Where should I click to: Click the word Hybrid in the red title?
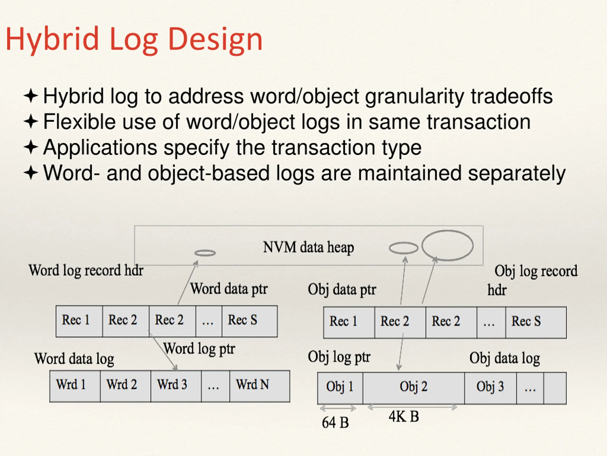point(52,39)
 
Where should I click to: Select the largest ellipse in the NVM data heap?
point(447,245)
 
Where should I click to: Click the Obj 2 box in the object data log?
point(414,388)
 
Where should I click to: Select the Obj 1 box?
point(340,388)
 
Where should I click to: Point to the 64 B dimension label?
point(335,423)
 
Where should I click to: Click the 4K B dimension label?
point(404,416)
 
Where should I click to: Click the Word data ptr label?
point(229,289)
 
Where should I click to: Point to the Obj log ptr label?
point(339,357)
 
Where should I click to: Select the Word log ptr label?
point(199,348)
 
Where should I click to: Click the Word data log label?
point(74,359)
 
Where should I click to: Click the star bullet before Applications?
point(31,147)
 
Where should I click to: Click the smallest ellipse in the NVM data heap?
point(205,253)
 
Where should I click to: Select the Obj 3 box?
point(490,388)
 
